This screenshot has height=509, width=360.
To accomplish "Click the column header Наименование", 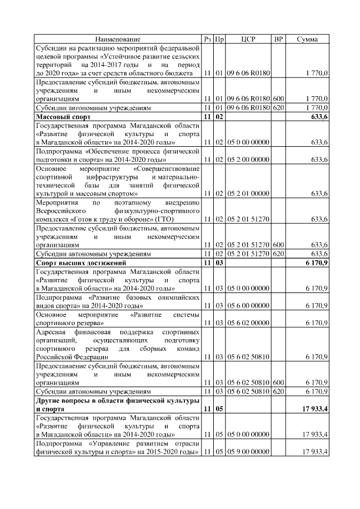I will tap(118, 39).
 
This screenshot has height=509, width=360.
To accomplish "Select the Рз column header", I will tap(208, 39).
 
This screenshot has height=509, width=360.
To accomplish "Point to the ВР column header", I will tap(278, 39).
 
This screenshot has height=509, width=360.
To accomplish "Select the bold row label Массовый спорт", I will tap(59, 116).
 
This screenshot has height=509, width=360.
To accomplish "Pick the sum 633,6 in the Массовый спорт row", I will tap(319, 116).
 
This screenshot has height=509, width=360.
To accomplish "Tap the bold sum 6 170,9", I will tap(317, 263).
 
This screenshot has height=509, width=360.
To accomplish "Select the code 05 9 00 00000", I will tap(248, 452).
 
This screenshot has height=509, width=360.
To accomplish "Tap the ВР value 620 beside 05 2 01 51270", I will tap(278, 254).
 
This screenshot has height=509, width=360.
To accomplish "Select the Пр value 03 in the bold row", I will tap(219, 263).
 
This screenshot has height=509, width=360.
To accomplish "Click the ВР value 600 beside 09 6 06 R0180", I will tap(278, 98).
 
